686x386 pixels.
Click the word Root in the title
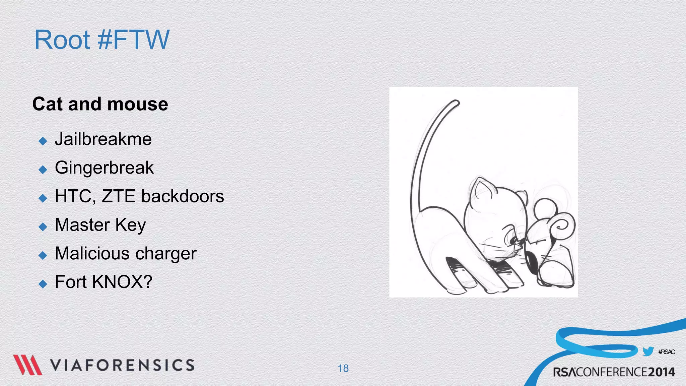click(x=62, y=40)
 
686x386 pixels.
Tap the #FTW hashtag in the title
click(x=133, y=40)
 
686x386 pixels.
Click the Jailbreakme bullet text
click(x=103, y=139)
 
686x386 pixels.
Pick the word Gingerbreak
click(x=104, y=168)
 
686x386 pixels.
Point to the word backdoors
click(x=183, y=196)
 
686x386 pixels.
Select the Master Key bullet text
click(x=100, y=225)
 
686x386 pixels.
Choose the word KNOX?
click(x=122, y=282)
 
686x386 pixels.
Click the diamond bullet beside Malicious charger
click(x=43, y=256)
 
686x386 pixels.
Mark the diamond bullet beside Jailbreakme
click(x=43, y=141)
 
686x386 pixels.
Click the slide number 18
click(x=343, y=369)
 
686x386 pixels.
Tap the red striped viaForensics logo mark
click(x=27, y=365)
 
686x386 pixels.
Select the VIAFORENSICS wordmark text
click(x=122, y=365)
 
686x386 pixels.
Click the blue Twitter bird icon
click(x=648, y=351)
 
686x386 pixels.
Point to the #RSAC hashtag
click(x=666, y=352)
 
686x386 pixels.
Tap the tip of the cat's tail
click(x=456, y=102)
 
